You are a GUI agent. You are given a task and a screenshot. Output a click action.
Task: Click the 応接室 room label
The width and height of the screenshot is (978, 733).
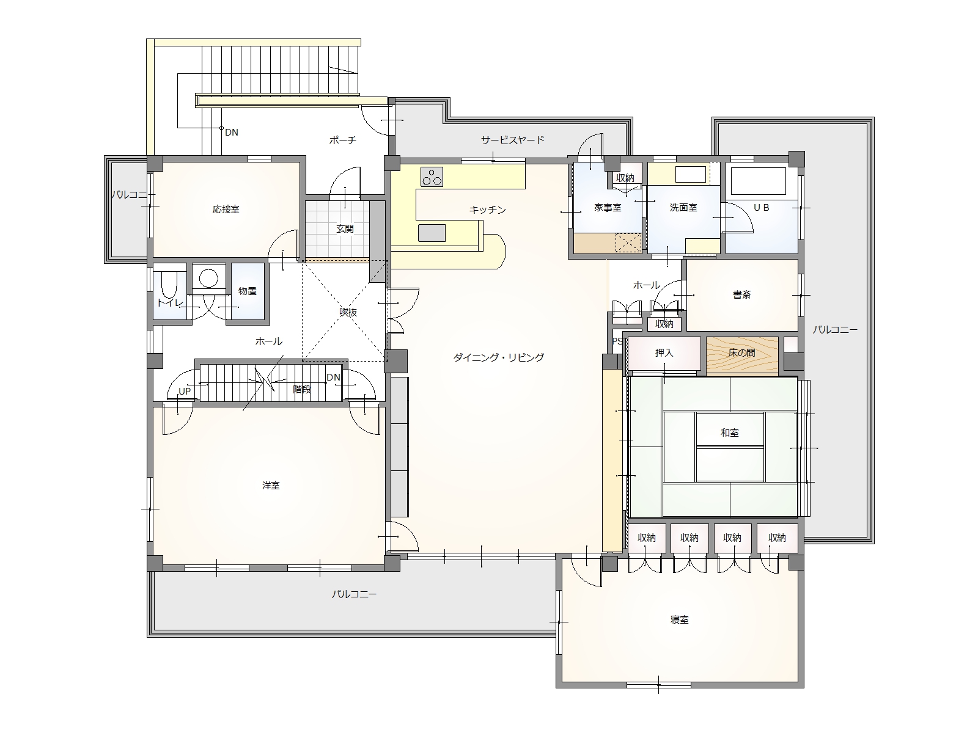tap(226, 209)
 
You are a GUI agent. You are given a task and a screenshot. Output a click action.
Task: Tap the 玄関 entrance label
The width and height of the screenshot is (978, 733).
tap(345, 228)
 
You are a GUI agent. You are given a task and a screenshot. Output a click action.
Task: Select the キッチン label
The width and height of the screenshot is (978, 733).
tap(487, 210)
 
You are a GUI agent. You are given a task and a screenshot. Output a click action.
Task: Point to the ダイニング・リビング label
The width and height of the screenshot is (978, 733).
tap(499, 357)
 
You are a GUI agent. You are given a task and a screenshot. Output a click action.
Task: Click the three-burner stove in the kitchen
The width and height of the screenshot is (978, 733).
tap(432, 177)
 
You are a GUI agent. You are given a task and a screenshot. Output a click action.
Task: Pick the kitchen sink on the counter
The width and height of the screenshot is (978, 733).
tap(432, 233)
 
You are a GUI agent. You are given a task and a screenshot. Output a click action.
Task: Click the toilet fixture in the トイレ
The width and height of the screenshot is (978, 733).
tap(169, 285)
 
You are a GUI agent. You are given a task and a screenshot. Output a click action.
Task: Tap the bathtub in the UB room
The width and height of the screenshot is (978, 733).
tap(759, 181)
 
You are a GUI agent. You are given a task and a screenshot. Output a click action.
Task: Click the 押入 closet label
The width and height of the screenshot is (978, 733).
tap(664, 353)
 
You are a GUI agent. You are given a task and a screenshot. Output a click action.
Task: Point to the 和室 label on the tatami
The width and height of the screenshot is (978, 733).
tap(730, 432)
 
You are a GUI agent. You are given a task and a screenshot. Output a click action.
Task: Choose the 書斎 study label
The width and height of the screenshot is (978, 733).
tap(742, 294)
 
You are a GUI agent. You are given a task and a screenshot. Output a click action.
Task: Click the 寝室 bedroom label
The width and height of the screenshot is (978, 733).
tap(680, 620)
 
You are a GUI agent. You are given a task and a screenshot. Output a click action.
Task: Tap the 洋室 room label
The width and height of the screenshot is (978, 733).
tap(271, 486)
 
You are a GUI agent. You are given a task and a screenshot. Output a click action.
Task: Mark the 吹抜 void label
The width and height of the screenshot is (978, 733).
tap(348, 312)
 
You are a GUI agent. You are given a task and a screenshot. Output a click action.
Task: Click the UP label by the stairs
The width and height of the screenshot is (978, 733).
tap(185, 391)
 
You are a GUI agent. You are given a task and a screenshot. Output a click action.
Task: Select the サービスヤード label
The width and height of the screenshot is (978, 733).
tap(512, 140)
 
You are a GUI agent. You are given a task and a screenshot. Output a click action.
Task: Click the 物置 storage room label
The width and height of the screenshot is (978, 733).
tap(248, 291)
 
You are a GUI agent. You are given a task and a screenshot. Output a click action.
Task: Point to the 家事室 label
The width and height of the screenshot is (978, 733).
tap(608, 208)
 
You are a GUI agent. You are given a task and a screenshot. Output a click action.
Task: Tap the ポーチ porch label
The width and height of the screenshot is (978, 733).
tap(343, 140)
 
